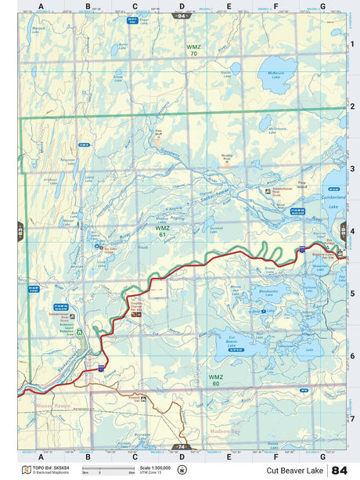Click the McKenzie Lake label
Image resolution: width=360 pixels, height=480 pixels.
(x=275, y=75)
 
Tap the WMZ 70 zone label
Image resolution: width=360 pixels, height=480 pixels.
(x=193, y=50)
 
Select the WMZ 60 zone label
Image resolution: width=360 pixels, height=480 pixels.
(x=214, y=379)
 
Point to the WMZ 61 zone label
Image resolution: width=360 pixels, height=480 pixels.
(x=160, y=232)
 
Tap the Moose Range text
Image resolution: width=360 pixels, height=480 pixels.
(x=53, y=406)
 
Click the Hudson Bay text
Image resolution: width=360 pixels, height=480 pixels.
(x=225, y=431)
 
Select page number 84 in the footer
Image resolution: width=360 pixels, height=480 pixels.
(x=340, y=470)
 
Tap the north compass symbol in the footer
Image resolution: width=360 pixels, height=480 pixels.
(x=182, y=470)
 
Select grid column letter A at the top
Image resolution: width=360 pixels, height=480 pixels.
(x=41, y=6)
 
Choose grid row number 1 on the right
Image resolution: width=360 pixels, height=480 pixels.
(x=352, y=44)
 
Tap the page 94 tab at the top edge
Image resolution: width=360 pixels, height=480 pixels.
(x=182, y=16)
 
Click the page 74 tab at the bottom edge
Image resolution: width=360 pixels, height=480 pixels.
(x=182, y=446)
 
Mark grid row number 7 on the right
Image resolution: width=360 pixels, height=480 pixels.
(x=352, y=418)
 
